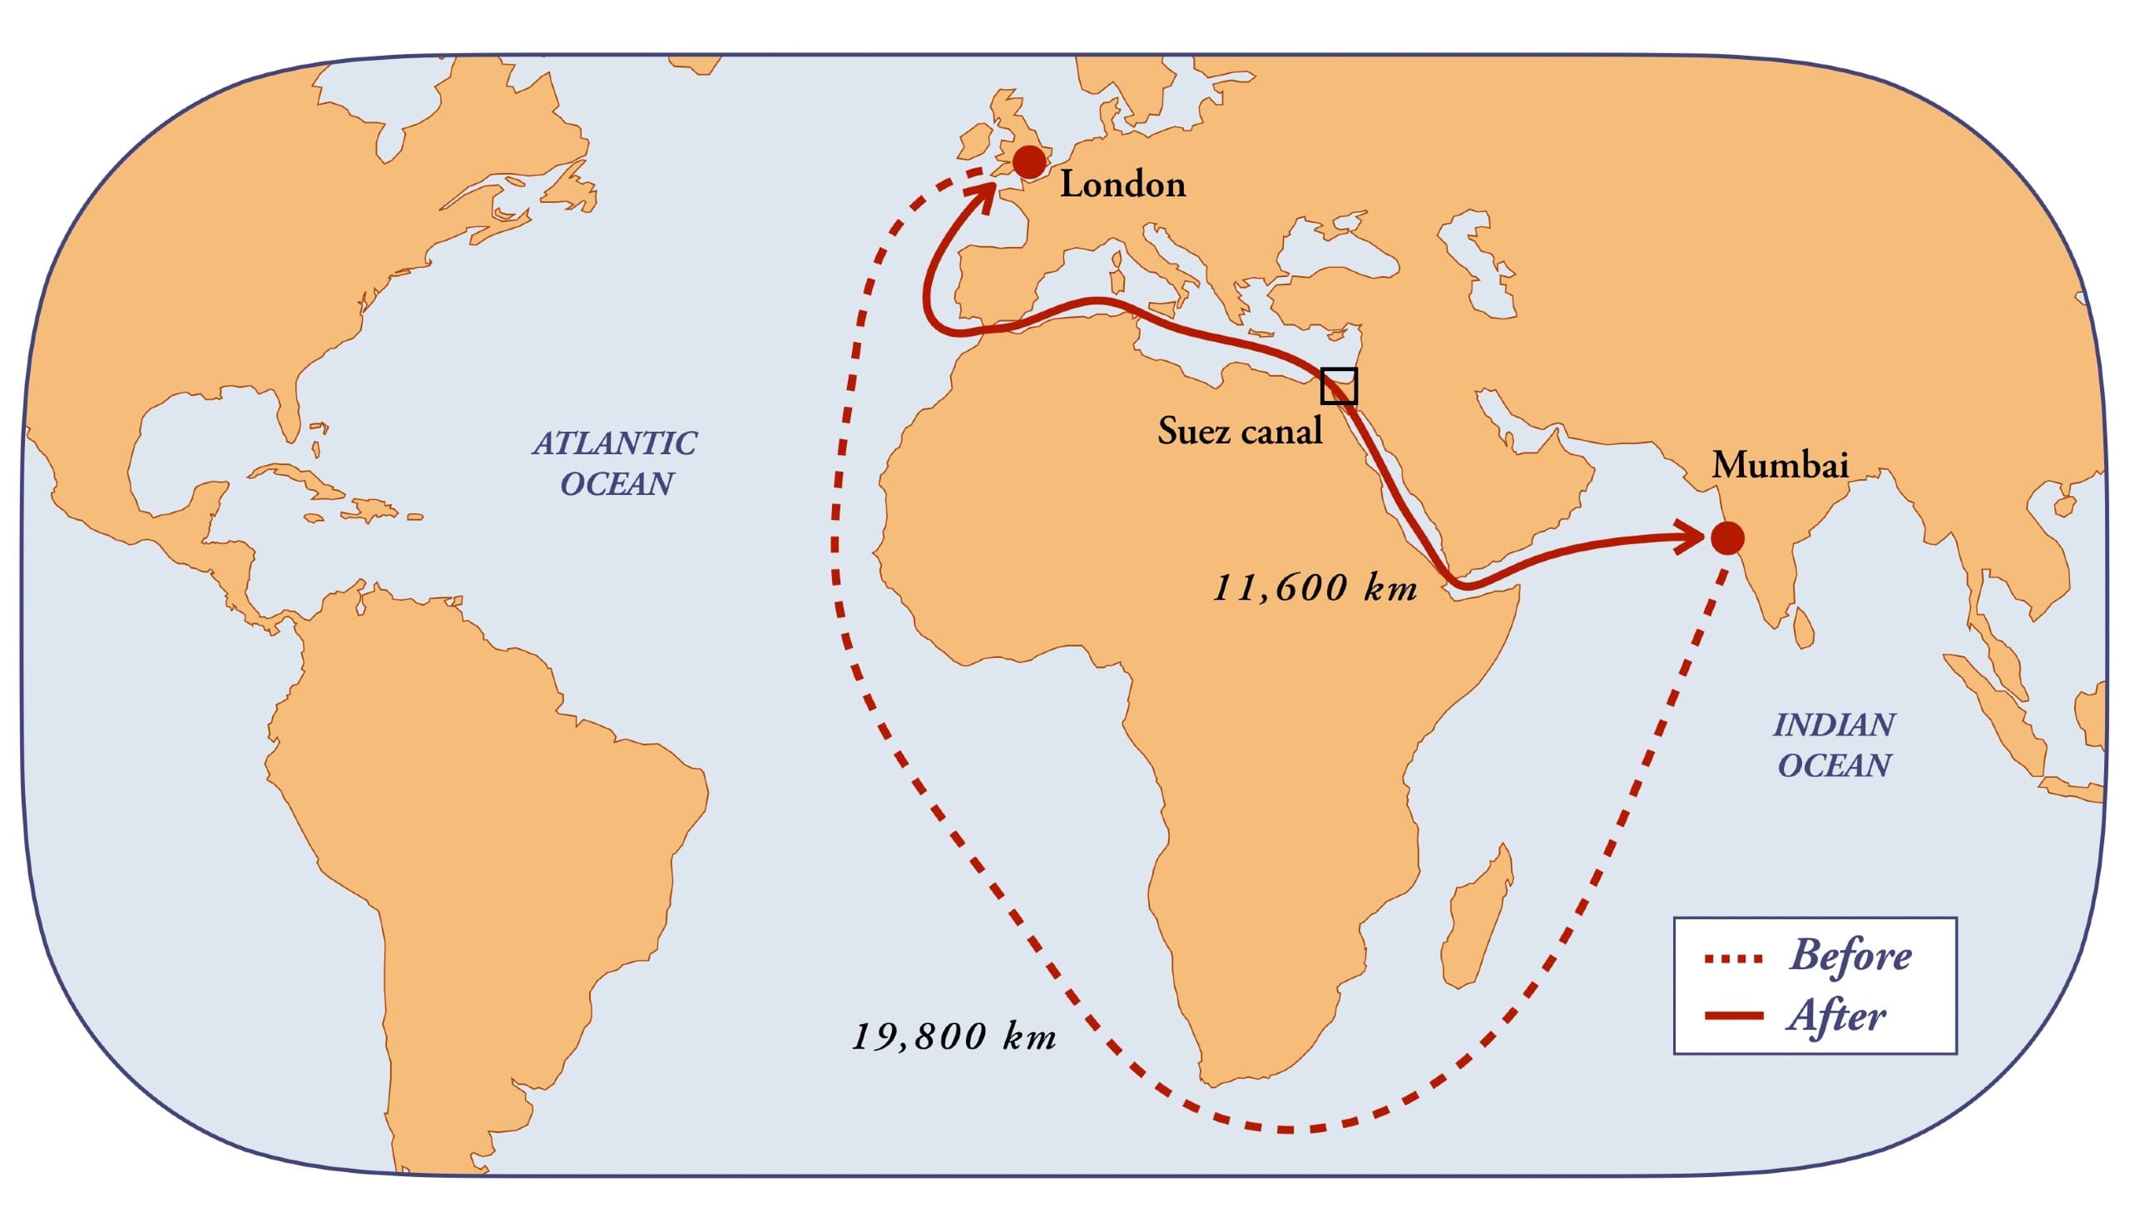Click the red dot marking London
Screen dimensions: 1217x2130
point(1029,162)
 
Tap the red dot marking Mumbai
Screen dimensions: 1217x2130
point(1727,538)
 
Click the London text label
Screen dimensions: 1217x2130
point(1122,185)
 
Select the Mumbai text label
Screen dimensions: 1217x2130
point(1780,465)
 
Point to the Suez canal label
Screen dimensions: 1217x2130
point(1240,431)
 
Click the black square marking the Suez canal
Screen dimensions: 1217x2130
point(1339,386)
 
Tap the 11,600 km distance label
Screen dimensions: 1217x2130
point(1315,588)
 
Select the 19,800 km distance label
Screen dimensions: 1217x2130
point(954,1037)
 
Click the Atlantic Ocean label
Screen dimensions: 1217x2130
point(615,463)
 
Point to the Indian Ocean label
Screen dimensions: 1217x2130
point(1834,745)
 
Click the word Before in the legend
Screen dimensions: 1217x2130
point(1850,955)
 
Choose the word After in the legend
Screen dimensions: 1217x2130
point(1836,1017)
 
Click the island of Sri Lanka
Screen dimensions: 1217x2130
point(1805,629)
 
